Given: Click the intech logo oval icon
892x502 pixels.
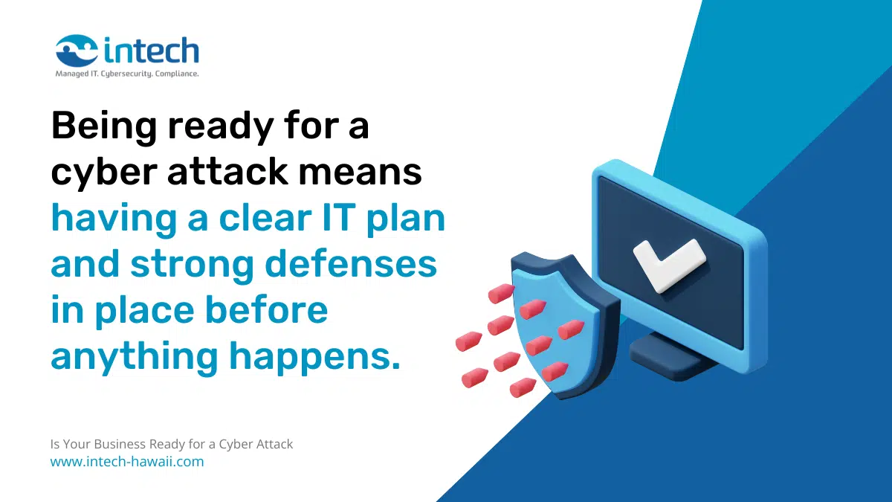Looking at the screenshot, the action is click(x=77, y=51).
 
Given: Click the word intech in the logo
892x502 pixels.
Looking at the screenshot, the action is click(x=152, y=51).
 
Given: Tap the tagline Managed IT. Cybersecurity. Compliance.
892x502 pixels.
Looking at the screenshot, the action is click(x=127, y=74).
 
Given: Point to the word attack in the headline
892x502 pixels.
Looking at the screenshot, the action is click(x=227, y=171).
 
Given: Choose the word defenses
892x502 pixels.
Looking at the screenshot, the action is click(x=351, y=263).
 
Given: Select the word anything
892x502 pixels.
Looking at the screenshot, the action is click(x=135, y=356).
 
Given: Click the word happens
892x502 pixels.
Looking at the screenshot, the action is click(x=314, y=358).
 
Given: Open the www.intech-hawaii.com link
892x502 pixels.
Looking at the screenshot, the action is click(x=127, y=461).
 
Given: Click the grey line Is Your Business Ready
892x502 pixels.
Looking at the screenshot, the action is click(x=172, y=444).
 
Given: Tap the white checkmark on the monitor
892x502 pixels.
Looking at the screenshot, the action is click(x=669, y=265).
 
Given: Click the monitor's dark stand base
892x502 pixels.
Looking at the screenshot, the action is click(x=673, y=356).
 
